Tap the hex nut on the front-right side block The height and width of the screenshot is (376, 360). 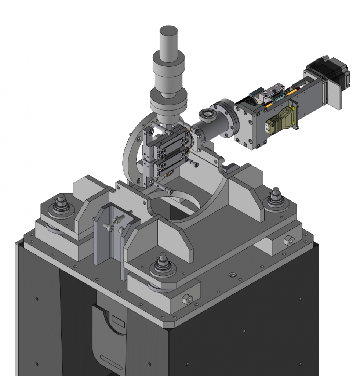(x=187, y=299)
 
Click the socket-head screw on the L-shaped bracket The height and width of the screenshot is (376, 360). (x=117, y=220)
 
